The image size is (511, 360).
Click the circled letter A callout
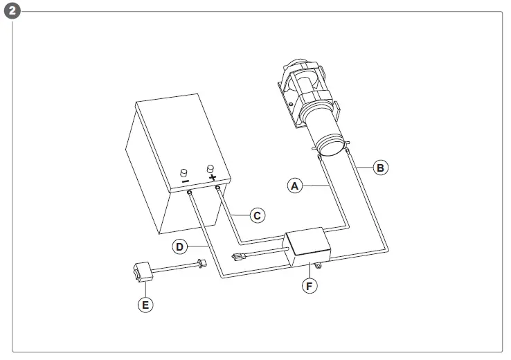[296, 186]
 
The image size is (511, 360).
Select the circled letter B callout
[379, 167]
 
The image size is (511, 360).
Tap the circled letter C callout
[256, 215]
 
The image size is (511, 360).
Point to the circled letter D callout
[179, 245]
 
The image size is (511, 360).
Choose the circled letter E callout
[144, 304]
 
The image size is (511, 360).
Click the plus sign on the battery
[211, 177]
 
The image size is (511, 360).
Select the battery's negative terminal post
[184, 173]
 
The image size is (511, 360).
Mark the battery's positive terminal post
[210, 168]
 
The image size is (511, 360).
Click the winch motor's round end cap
[330, 146]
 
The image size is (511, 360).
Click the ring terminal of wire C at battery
[218, 188]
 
